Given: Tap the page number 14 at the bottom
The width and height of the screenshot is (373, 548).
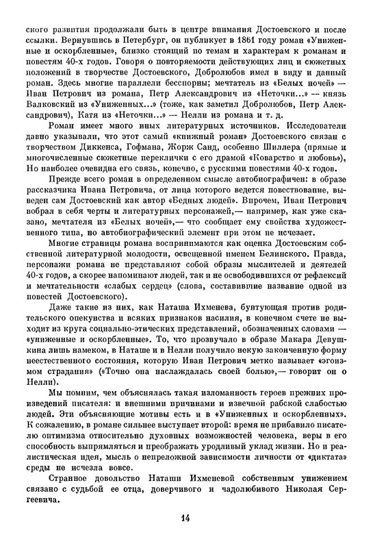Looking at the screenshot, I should [x=185, y=516].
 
